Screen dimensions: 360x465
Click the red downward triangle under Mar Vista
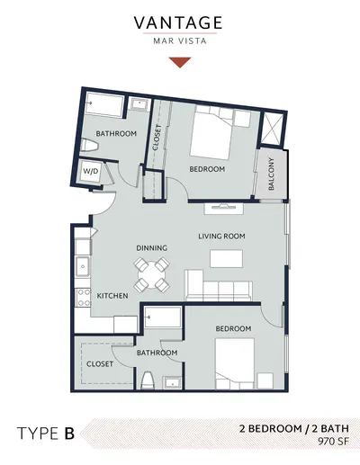point(180,62)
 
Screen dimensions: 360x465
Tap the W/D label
point(90,171)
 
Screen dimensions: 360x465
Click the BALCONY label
point(271,174)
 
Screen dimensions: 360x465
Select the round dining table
point(151,275)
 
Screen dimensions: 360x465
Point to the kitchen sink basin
point(83,266)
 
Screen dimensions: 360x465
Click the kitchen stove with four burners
point(83,298)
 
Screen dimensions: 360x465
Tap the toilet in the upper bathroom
point(90,146)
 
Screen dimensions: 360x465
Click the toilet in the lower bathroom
point(148,380)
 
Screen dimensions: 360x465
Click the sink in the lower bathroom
point(172,383)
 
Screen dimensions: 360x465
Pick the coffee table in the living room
point(226,258)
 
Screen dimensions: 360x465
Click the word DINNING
point(152,248)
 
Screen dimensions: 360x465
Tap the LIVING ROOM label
point(221,237)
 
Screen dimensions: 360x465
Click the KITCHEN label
point(112,296)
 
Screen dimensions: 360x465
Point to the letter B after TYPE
point(69,434)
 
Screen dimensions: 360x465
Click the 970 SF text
point(334,442)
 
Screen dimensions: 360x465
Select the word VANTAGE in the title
point(178,22)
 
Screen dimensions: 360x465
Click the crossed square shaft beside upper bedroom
point(272,130)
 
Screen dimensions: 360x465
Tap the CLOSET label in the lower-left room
point(100,364)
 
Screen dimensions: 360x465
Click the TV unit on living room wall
point(224,209)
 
